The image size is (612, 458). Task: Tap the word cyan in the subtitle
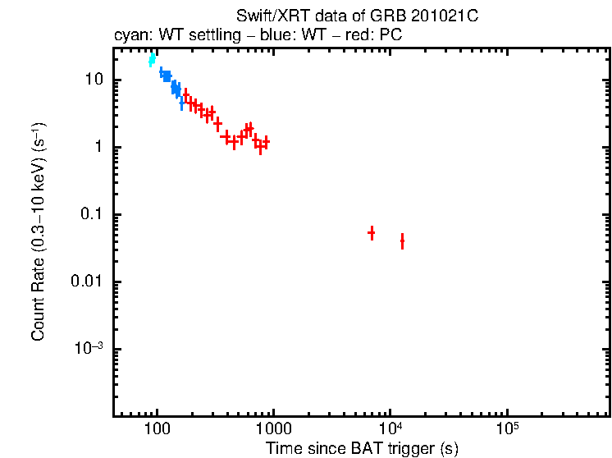pyautogui.click(x=130, y=37)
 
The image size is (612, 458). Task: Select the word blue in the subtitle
pyautogui.click(x=267, y=37)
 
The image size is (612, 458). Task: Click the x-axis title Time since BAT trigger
pyautogui.click(x=362, y=448)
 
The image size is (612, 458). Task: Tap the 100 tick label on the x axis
pyautogui.click(x=156, y=430)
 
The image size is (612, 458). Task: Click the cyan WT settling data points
pyautogui.click(x=152, y=59)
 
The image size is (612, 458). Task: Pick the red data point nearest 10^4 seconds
pyautogui.click(x=402, y=240)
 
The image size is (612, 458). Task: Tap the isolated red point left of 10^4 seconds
pyautogui.click(x=372, y=233)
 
